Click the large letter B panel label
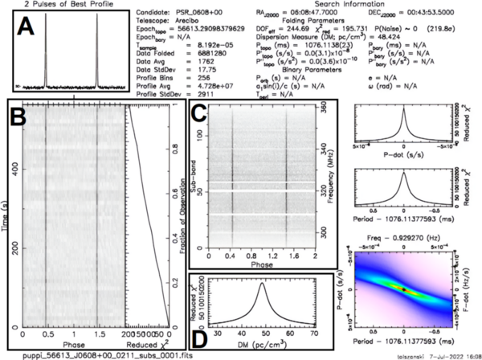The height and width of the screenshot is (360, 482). [x=18, y=120]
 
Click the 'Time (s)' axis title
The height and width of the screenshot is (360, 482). [x=6, y=218]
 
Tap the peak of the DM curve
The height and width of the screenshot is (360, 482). [x=262, y=283]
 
